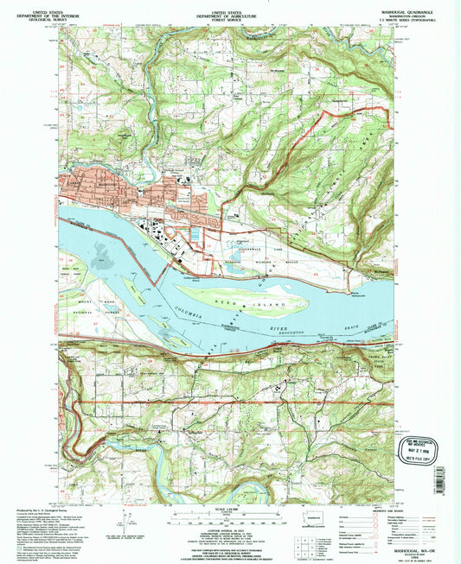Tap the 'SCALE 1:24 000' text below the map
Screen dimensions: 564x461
coord(230,508)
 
